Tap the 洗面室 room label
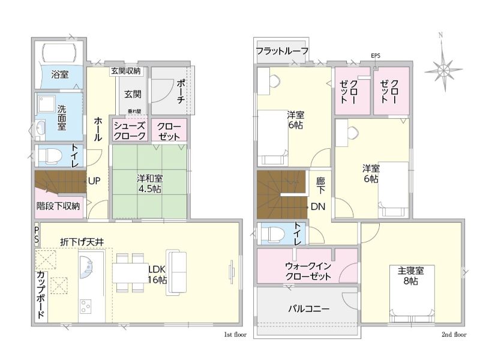point(62,118)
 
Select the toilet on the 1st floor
point(49,155)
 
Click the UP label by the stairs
point(94,181)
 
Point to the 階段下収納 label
point(58,206)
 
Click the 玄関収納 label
point(125,71)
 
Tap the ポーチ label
point(181,91)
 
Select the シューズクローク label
point(130,131)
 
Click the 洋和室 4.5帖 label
point(149,183)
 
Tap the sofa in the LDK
point(176,273)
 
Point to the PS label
point(37,234)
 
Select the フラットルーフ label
point(282,51)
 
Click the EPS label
point(376,56)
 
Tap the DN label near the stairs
point(318,206)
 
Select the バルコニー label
point(309,308)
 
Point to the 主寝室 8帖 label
point(411,276)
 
